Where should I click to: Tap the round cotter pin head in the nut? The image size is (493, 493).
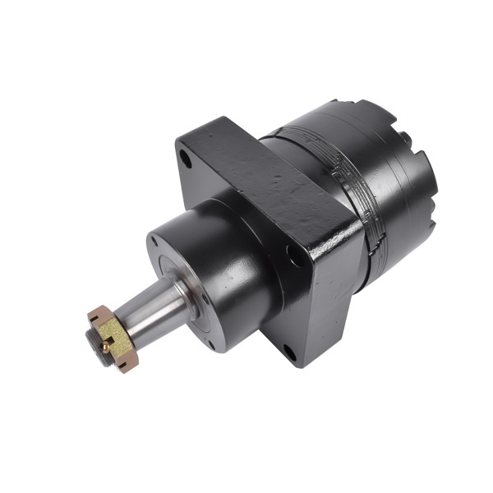coord(104,347)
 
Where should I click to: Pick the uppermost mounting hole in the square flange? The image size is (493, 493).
coord(187,159)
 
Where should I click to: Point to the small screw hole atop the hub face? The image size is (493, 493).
coord(154,241)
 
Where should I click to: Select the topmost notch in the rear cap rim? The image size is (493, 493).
coord(343,104)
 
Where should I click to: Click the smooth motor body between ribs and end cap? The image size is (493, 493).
coord(394,205)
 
